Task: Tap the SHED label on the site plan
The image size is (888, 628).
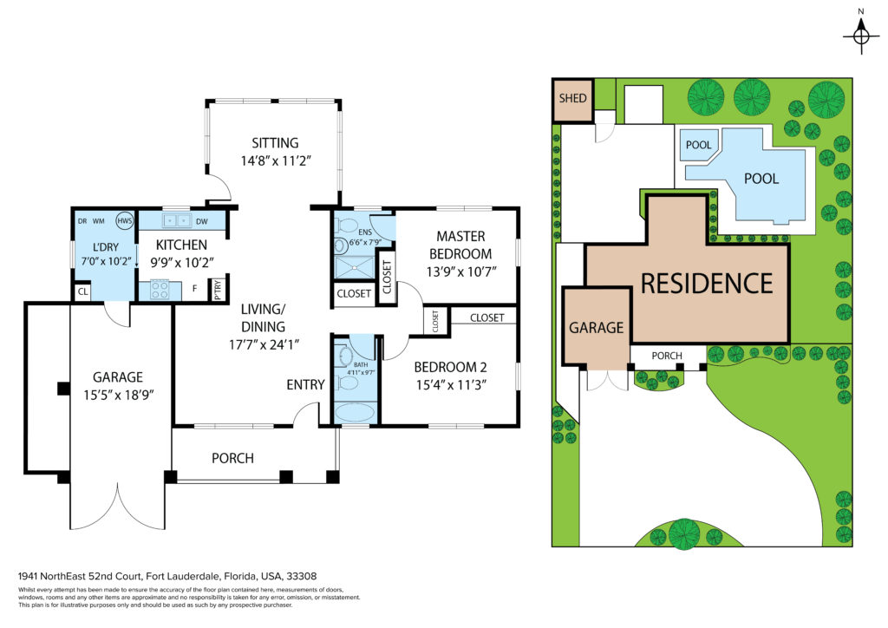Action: click(x=572, y=99)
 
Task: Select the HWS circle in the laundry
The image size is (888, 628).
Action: click(x=124, y=220)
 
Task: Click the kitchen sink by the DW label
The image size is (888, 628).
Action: click(x=177, y=220)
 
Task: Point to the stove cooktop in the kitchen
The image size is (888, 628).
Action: click(x=160, y=291)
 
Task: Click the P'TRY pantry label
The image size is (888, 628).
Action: click(x=218, y=290)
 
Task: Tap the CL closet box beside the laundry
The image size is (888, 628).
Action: click(x=82, y=292)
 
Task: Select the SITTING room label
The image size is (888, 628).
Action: click(x=275, y=143)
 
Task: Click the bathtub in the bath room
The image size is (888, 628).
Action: click(x=355, y=412)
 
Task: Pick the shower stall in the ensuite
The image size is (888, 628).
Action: click(x=355, y=267)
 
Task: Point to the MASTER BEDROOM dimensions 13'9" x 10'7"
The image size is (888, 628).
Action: click(x=461, y=271)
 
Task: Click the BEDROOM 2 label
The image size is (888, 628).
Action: click(x=450, y=367)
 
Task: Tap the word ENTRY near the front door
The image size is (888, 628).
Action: click(x=305, y=385)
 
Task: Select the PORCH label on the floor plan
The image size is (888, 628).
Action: click(x=232, y=458)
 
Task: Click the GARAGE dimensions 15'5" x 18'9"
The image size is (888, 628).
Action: click(x=118, y=396)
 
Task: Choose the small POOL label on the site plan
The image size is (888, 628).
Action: click(x=698, y=145)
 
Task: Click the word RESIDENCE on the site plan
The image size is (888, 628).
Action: click(x=707, y=284)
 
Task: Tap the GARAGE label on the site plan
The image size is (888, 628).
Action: click(x=597, y=328)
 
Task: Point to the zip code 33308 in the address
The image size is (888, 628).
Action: click(x=301, y=577)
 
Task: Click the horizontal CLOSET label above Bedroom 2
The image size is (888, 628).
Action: click(x=487, y=317)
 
